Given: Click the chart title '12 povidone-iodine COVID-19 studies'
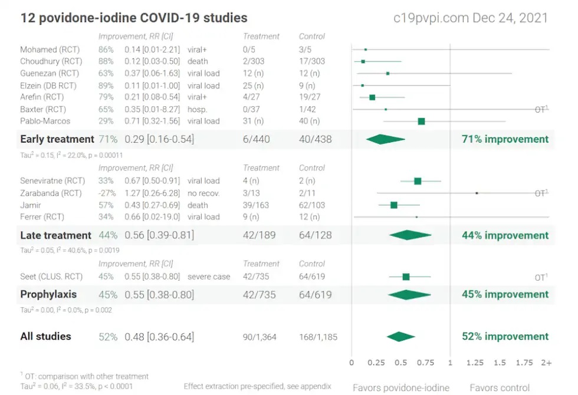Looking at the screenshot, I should pyautogui.click(x=134, y=18).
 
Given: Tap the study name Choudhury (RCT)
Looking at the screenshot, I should pyautogui.click(x=51, y=61).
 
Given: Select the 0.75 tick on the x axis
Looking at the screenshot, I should pyautogui.click(x=425, y=363).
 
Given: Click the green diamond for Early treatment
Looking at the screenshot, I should pyautogui.click(x=385, y=140).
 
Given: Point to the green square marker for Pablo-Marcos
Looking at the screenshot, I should pyautogui.click(x=421, y=121).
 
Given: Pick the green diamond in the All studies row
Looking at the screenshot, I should pyautogui.click(x=401, y=337).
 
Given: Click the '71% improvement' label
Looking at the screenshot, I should pyautogui.click(x=505, y=140).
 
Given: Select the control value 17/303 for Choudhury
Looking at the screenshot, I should pyautogui.click(x=312, y=61).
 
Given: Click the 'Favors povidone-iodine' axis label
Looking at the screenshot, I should pyautogui.click(x=401, y=387).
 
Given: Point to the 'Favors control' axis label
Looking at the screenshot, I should pyautogui.click(x=499, y=387).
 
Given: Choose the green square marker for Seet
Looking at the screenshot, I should pyautogui.click(x=406, y=276).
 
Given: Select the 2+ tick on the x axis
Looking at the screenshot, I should pyautogui.click(x=546, y=363).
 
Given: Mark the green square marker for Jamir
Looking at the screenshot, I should pyautogui.click(x=394, y=205).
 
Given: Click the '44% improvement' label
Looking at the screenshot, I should pyautogui.click(x=505, y=235).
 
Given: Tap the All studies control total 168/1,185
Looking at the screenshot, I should pyautogui.click(x=318, y=337).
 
